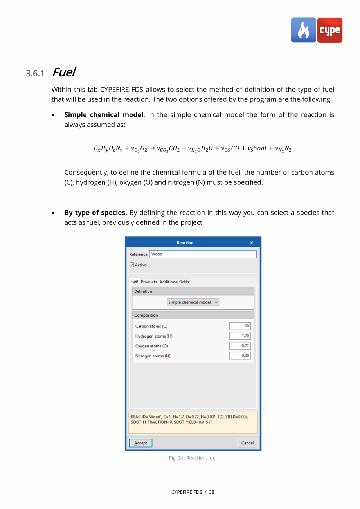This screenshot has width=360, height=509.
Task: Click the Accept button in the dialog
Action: (x=140, y=443)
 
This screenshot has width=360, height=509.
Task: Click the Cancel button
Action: (x=247, y=443)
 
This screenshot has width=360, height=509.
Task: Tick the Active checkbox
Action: (x=132, y=265)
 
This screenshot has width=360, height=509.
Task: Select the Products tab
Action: (x=149, y=282)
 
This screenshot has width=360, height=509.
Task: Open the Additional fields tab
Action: (x=174, y=282)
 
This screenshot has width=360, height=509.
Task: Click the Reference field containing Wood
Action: (x=203, y=254)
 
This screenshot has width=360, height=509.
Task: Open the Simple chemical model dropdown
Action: (x=193, y=302)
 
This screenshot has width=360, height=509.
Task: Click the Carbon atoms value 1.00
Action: (x=240, y=326)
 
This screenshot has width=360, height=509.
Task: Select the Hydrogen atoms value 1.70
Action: (x=240, y=336)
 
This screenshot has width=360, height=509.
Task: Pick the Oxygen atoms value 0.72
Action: (x=240, y=346)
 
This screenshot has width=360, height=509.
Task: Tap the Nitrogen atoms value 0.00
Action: (x=240, y=356)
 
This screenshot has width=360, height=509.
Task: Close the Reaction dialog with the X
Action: (x=252, y=243)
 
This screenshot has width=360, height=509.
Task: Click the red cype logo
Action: (x=329, y=30)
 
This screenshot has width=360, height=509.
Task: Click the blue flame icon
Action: (x=303, y=30)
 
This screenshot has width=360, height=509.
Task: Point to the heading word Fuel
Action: (x=63, y=72)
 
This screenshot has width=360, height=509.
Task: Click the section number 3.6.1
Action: (x=36, y=74)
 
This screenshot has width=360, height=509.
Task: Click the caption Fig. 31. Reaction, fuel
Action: (x=193, y=458)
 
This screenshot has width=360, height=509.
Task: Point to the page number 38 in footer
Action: (x=211, y=492)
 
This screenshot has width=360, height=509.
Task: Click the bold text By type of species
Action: (x=95, y=213)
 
